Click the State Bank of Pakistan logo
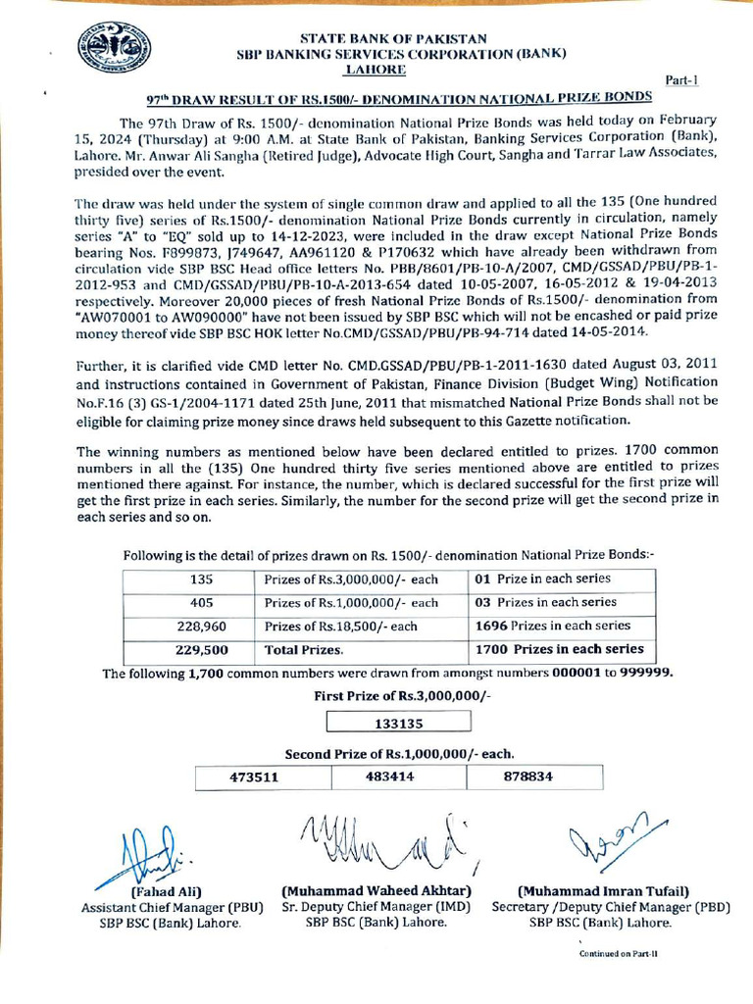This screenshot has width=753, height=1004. pos(114,49)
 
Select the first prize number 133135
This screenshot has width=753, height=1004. pos(398,724)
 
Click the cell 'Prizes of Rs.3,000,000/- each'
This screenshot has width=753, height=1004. pos(351,579)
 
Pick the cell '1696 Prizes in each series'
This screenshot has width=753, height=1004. pos(552,626)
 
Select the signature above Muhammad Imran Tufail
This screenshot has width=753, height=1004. pos(612,839)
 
